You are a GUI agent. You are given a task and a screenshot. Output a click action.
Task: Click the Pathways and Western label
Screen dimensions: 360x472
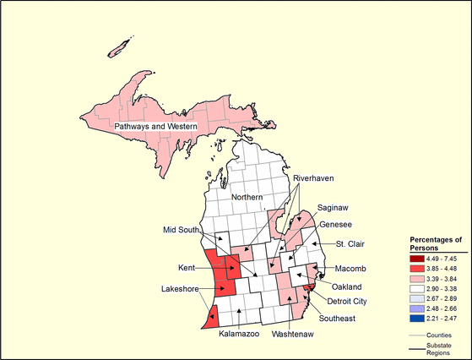[x=155, y=127]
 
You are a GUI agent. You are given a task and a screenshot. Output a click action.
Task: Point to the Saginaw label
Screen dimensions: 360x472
[x=335, y=207]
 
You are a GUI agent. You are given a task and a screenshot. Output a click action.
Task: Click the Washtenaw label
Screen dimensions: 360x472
[x=294, y=334]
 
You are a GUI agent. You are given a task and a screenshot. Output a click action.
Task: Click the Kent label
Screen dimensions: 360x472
[x=187, y=268]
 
